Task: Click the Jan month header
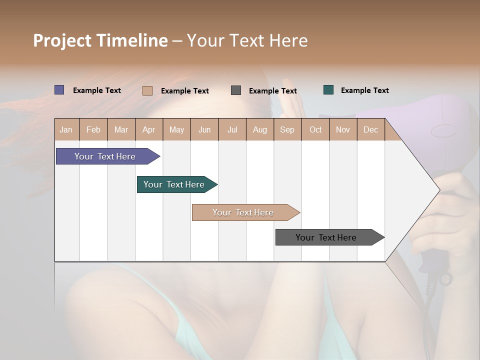coord(66,129)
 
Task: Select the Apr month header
coord(149,129)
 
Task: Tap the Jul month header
coord(232,129)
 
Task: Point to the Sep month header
coord(287,129)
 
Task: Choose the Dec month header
coord(370,129)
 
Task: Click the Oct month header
coord(315,129)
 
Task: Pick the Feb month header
coord(93,129)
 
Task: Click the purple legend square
coord(59,90)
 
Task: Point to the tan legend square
coord(147,90)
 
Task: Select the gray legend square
coord(236,90)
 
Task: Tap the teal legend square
coord(328,90)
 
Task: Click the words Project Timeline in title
coord(100,40)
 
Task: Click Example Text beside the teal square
coord(364,90)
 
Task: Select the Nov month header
coord(343,129)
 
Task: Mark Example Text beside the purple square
coord(97,90)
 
